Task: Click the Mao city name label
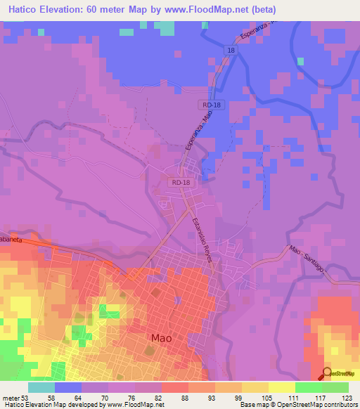point(161,338)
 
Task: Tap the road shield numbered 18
point(231,50)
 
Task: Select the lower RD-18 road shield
point(180,182)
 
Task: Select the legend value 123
point(347,396)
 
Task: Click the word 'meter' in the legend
point(10,396)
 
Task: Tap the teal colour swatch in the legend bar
point(41,387)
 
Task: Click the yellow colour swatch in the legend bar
point(281,387)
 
